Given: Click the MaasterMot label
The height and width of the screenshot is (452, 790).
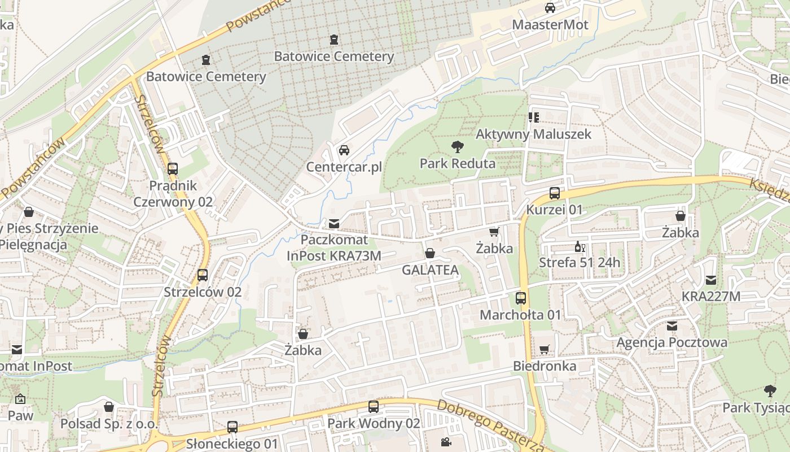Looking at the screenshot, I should pyautogui.click(x=550, y=25).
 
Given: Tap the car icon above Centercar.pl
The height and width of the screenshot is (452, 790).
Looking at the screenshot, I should pyautogui.click(x=344, y=150).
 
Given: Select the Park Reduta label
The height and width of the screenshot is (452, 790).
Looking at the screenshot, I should pyautogui.click(x=457, y=164).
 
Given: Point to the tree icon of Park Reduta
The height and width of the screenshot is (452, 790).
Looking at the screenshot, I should pyautogui.click(x=457, y=147).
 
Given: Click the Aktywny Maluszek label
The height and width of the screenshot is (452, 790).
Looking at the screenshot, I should pyautogui.click(x=533, y=134).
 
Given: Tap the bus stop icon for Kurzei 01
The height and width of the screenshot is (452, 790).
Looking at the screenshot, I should pyautogui.click(x=555, y=193).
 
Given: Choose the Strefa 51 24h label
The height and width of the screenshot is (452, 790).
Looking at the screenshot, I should pyautogui.click(x=579, y=263).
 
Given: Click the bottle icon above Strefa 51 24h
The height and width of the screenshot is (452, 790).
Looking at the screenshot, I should pyautogui.click(x=578, y=246).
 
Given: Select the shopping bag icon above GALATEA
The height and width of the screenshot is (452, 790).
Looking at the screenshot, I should pyautogui.click(x=430, y=253).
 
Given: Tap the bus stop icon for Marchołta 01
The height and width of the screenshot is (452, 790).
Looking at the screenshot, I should pyautogui.click(x=521, y=298).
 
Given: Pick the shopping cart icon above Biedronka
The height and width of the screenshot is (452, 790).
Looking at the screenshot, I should pyautogui.click(x=545, y=350).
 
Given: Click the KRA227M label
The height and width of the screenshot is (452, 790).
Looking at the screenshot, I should pyautogui.click(x=710, y=297).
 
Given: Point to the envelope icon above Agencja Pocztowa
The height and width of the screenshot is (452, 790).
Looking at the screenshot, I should pyautogui.click(x=671, y=326).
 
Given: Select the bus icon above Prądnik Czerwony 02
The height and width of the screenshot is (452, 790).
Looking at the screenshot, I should pyautogui.click(x=173, y=169).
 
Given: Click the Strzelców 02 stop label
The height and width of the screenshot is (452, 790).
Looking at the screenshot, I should pyautogui.click(x=203, y=292).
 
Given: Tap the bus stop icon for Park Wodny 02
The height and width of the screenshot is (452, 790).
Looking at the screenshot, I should pyautogui.click(x=373, y=407).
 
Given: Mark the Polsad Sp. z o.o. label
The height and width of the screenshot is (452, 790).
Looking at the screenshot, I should pyautogui.click(x=109, y=423).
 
